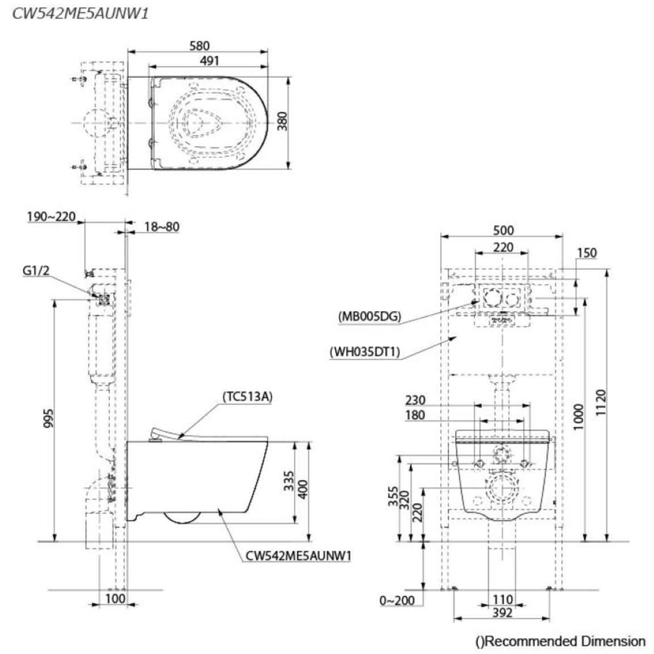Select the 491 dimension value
click(x=209, y=60)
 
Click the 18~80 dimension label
click(x=161, y=227)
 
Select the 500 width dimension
click(x=504, y=230)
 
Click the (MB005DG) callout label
click(x=370, y=317)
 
